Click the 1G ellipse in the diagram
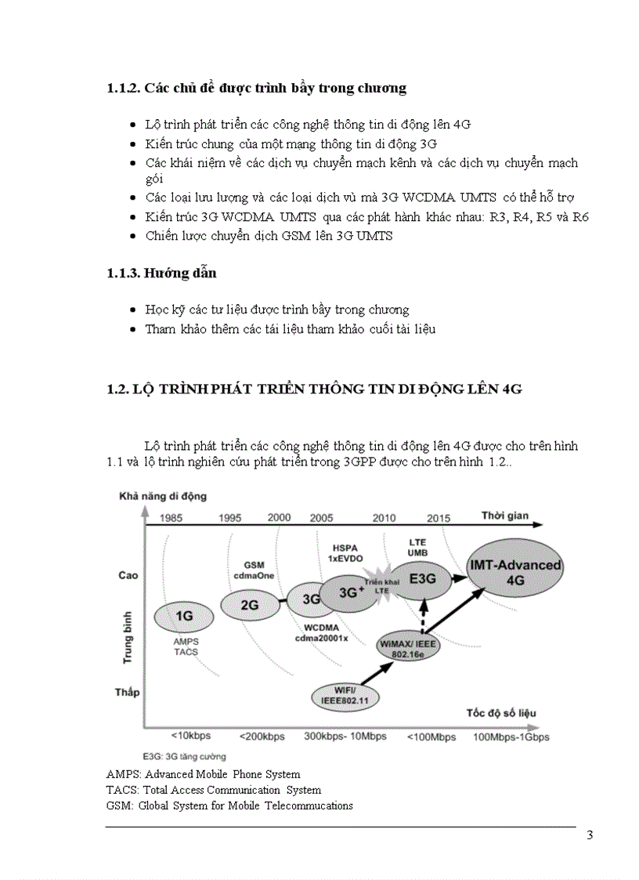tap(184, 616)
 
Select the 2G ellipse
tap(249, 604)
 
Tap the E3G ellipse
tap(428, 578)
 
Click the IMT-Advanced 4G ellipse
tap(514, 573)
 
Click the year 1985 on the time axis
tap(177, 518)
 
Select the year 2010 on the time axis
tap(384, 518)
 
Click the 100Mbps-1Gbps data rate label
tap(511, 737)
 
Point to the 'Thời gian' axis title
tap(505, 516)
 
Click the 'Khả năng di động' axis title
tap(162, 496)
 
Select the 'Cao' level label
tap(128, 575)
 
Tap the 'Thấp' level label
tap(127, 692)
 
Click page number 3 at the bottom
tap(590, 835)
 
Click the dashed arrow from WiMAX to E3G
tap(424, 616)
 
